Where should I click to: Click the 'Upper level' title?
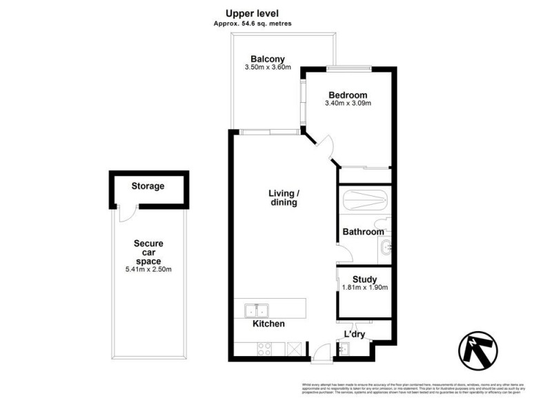coord(252,13)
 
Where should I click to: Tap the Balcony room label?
coord(268,59)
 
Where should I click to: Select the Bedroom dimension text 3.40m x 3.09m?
coord(348,104)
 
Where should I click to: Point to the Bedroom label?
coord(348,95)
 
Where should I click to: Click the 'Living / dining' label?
coord(283,198)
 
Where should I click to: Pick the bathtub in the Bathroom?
coord(365,200)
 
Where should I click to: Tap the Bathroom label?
coord(363,233)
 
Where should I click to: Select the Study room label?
coord(365,279)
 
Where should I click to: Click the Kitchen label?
coord(268,324)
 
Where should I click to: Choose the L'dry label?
coord(354,335)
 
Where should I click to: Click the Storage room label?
coord(148,186)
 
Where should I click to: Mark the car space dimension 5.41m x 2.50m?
coord(148,270)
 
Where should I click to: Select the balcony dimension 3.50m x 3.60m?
coord(268,68)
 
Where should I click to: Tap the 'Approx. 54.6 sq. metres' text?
coord(252,23)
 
